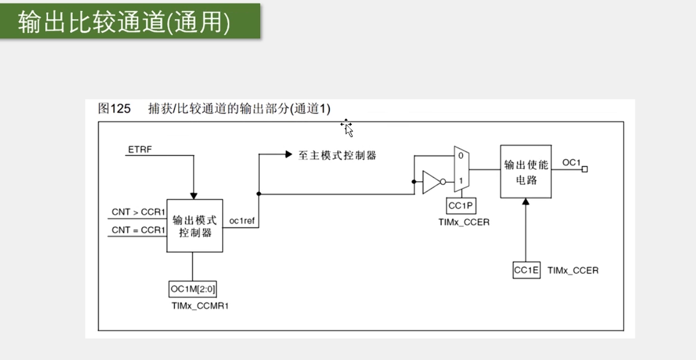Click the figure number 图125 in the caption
tap(115, 109)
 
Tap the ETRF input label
tap(139, 150)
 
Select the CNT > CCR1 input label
tap(138, 212)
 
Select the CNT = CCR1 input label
tap(138, 230)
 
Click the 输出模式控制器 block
tap(195, 226)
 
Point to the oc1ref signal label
tap(242, 221)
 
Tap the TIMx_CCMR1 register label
tap(200, 306)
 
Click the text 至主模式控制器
tap(337, 155)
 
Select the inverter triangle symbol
tap(431, 182)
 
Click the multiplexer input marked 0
tap(460, 156)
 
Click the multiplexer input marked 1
tap(460, 181)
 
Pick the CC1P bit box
tap(461, 205)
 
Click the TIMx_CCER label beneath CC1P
tap(463, 222)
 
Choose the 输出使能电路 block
tap(525, 172)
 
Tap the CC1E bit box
tap(526, 270)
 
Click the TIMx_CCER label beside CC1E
tap(573, 270)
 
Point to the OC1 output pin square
tap(585, 169)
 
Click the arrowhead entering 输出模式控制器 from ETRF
tap(194, 196)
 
